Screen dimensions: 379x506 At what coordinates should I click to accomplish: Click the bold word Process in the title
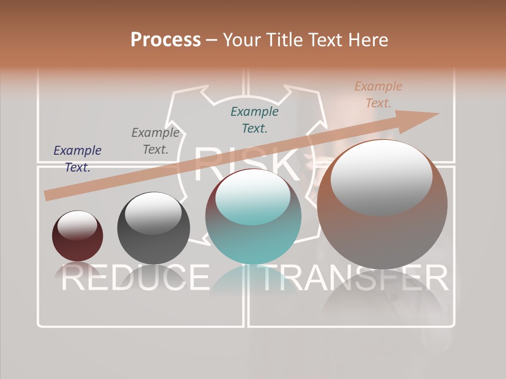pyautogui.click(x=166, y=39)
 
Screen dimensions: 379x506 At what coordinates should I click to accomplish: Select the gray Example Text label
pyautogui.click(x=155, y=141)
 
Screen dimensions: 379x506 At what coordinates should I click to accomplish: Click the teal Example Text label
pyautogui.click(x=255, y=119)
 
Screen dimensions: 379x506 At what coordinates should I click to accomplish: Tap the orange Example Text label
pyautogui.click(x=378, y=95)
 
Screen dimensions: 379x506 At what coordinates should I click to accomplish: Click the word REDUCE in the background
pyautogui.click(x=135, y=277)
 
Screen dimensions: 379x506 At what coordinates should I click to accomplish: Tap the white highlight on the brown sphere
pyautogui.click(x=382, y=176)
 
